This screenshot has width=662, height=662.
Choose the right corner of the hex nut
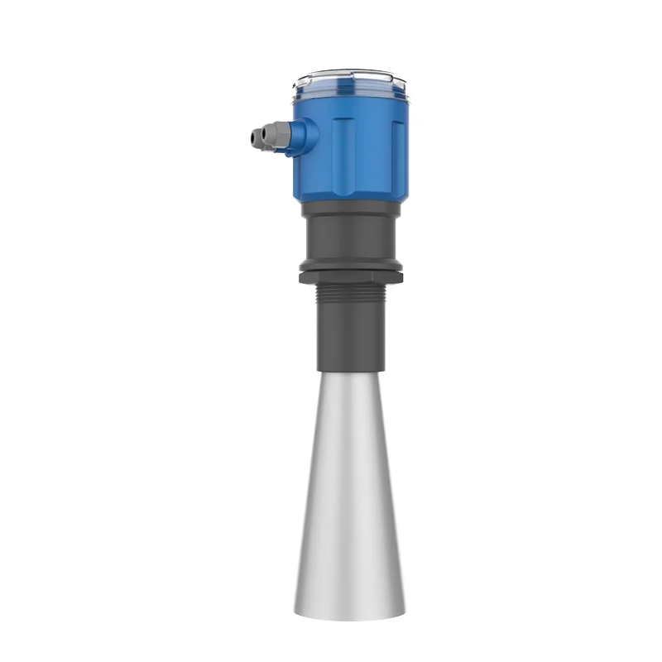click(x=403, y=275)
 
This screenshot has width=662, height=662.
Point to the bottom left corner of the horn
click(x=295, y=614)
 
